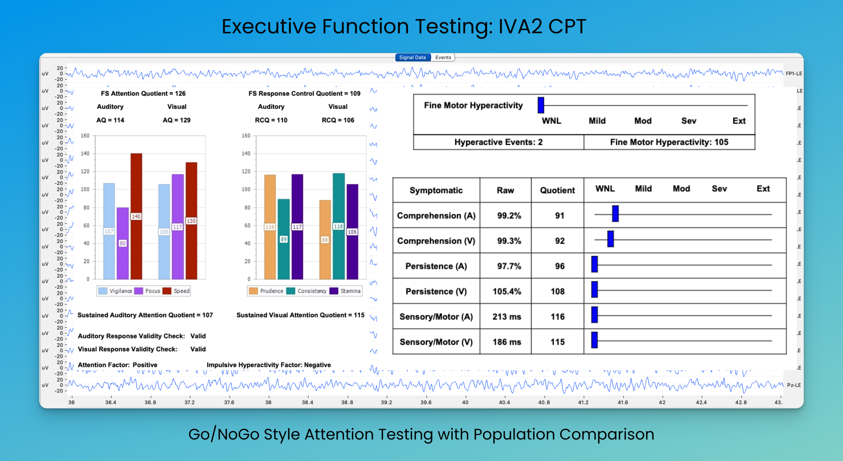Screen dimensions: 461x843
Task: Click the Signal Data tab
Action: (x=412, y=57)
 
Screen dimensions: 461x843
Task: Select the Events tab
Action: (x=443, y=57)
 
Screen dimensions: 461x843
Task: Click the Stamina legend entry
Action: (x=345, y=291)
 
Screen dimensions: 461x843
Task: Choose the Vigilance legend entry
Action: (x=115, y=291)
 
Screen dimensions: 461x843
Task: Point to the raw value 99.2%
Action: (x=509, y=216)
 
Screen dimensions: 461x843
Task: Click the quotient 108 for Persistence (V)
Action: (x=558, y=292)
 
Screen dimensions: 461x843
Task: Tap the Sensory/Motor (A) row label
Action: (x=436, y=317)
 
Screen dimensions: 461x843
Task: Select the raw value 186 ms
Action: (x=507, y=342)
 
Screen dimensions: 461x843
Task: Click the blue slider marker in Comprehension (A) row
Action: (x=615, y=214)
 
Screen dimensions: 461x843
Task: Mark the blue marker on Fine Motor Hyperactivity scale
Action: (x=541, y=105)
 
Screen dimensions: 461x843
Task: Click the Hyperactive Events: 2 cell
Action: (x=498, y=142)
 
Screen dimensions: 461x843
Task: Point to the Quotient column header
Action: (x=557, y=190)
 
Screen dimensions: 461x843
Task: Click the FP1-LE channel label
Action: (x=794, y=74)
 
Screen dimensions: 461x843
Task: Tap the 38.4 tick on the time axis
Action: (x=307, y=402)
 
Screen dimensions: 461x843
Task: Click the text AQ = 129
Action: (x=177, y=120)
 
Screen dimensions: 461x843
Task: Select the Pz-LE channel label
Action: (x=794, y=385)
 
